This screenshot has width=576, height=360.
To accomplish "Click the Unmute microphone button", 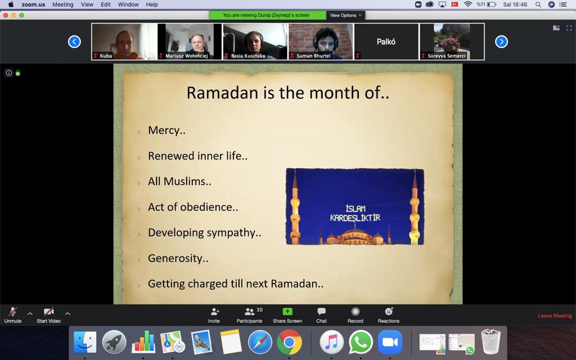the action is coord(12,315).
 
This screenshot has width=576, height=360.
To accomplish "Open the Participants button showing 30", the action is coord(249,315).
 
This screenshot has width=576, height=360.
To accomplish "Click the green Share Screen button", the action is coord(287,315).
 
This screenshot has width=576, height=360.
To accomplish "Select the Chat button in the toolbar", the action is coord(321,315).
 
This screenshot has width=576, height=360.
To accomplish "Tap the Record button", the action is coord(355,315).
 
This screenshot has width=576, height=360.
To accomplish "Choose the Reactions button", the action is coord(389,315).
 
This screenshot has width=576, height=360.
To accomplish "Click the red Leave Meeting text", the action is coord(555,316).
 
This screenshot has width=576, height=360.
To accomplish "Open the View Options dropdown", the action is coord(345,15).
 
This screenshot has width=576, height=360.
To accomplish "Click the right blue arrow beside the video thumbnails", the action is coord(501,42).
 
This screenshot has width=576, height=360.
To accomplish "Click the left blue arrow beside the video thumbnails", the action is coord(74,42).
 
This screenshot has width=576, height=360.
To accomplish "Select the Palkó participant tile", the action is coord(386,42).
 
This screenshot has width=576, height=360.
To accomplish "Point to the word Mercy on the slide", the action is coord(164,130).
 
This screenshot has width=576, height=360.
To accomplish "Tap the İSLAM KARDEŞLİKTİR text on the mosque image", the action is coord(355,213).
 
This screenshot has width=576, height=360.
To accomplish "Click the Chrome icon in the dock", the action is coord(289,343).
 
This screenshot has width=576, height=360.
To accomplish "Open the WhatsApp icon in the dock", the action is coord(361,343).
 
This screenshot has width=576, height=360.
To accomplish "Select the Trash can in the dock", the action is coord(490,341).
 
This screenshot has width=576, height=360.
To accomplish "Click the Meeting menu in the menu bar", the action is coord(63,4).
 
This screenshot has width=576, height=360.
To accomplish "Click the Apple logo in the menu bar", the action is coord(11,4).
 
